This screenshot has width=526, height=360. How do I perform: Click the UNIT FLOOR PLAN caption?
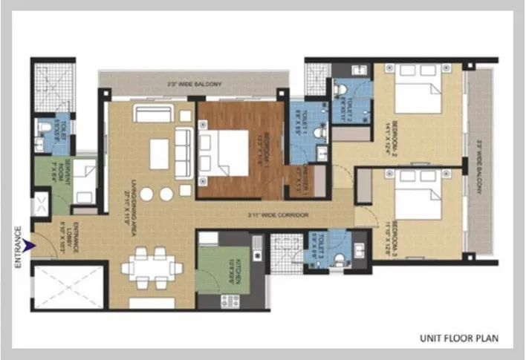458,338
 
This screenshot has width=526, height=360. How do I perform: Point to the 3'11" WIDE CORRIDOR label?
280,216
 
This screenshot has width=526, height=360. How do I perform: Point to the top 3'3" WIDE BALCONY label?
195,85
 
